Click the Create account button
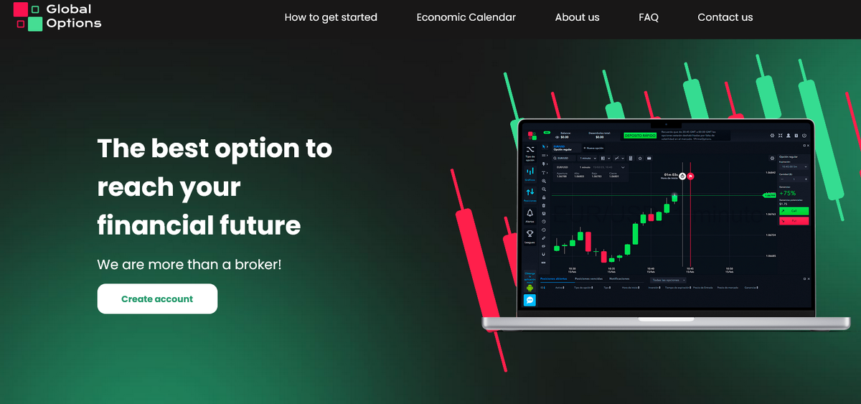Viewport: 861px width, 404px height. point(157,299)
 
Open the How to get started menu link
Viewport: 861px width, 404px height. point(331,17)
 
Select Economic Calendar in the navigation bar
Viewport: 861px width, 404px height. point(466,17)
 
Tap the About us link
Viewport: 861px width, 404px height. point(577,17)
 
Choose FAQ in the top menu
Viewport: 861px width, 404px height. point(648,17)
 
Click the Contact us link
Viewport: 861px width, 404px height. point(725,17)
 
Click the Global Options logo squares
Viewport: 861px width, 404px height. point(28,17)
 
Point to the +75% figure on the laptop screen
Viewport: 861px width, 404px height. point(788,193)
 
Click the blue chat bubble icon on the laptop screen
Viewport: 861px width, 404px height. point(530,301)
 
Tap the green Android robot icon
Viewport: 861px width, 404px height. point(530,288)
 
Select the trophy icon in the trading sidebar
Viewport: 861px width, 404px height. point(530,234)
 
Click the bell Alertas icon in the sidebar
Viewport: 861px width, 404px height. point(530,213)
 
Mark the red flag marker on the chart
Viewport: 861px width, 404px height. point(690,175)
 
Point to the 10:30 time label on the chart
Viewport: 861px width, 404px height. point(573,269)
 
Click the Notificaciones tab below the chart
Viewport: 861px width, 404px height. point(619,278)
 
